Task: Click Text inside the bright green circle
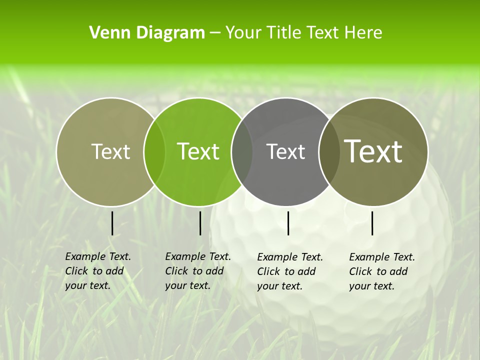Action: coord(198,151)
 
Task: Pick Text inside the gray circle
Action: coord(285,151)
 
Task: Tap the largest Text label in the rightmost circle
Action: coord(373,151)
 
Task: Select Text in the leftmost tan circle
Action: coord(110,151)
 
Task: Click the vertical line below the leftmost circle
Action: coord(112,223)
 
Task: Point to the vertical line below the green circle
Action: coord(200,223)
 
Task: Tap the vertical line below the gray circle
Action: coord(288,223)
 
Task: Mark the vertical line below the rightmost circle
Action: coord(372,223)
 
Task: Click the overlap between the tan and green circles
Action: coord(154,151)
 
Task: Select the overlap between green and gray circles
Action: coord(242,151)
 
